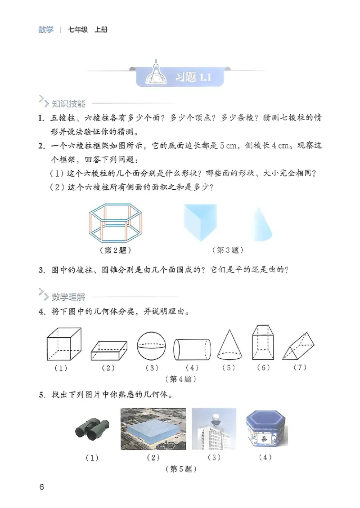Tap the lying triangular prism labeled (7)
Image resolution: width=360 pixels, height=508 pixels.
[297, 347]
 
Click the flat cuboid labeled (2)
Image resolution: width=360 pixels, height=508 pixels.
[108, 350]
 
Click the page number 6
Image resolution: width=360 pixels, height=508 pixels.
[41, 487]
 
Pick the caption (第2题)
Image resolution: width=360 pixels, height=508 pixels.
[116, 250]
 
